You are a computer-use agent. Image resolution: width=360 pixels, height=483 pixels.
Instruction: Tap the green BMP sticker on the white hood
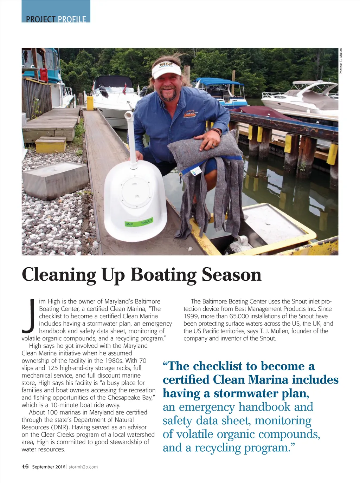[x=129, y=224]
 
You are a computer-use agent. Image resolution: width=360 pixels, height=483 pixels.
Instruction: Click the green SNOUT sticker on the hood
[x=147, y=222]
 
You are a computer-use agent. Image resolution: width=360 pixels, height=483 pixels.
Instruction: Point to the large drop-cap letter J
[x=28, y=315]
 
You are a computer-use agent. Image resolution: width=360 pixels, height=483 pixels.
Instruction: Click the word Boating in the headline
[x=163, y=275]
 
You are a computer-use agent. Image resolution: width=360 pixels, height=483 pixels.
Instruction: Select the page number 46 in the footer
[x=25, y=466]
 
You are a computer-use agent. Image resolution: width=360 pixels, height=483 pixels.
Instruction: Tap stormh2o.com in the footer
[x=83, y=467]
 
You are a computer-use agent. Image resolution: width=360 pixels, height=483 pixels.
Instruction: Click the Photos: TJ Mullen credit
[x=341, y=61]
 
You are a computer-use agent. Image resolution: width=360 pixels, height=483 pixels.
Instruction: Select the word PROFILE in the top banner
[x=72, y=19]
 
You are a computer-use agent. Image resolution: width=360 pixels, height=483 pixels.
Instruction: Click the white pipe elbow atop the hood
[x=129, y=116]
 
